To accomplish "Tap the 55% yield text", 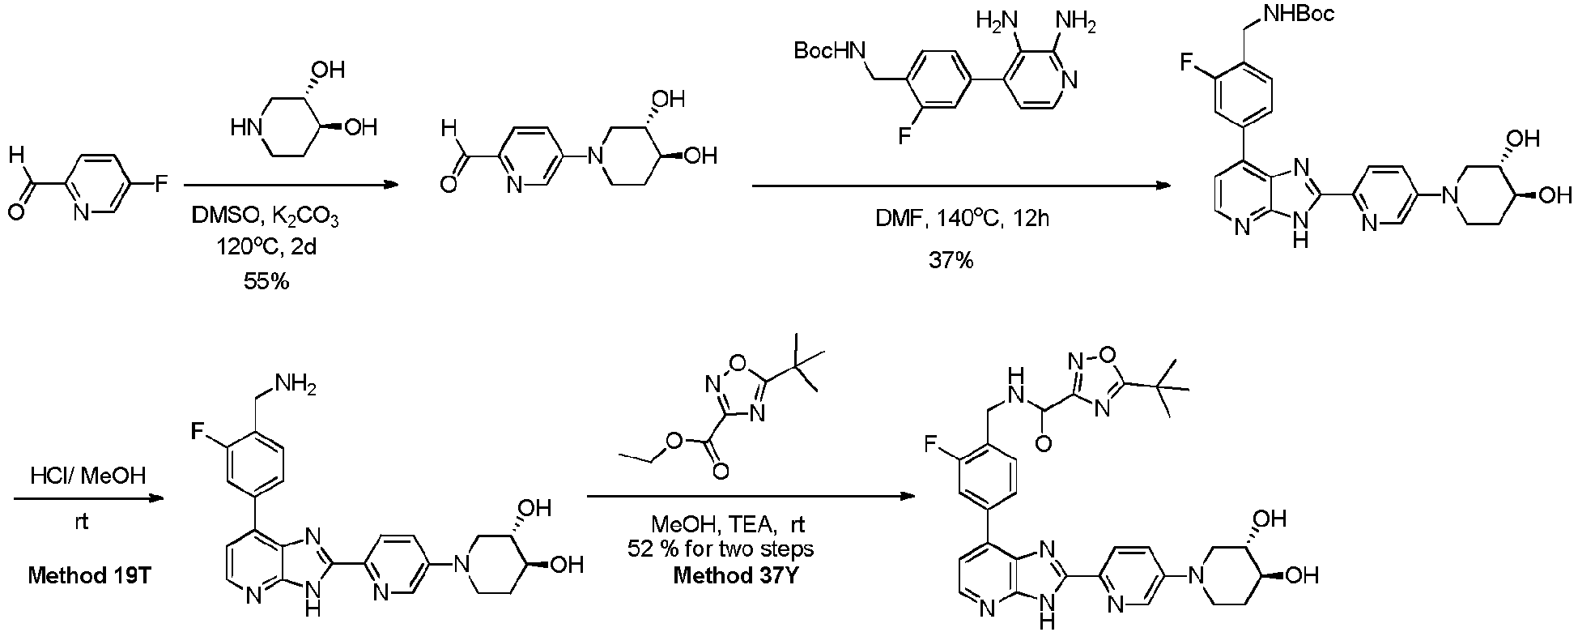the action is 266,281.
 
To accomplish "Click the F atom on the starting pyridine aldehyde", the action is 160,185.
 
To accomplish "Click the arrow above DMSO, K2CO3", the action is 292,186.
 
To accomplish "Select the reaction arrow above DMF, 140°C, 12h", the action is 960,186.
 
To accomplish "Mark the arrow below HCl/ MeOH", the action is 88,500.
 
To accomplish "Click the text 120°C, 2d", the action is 266,247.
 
